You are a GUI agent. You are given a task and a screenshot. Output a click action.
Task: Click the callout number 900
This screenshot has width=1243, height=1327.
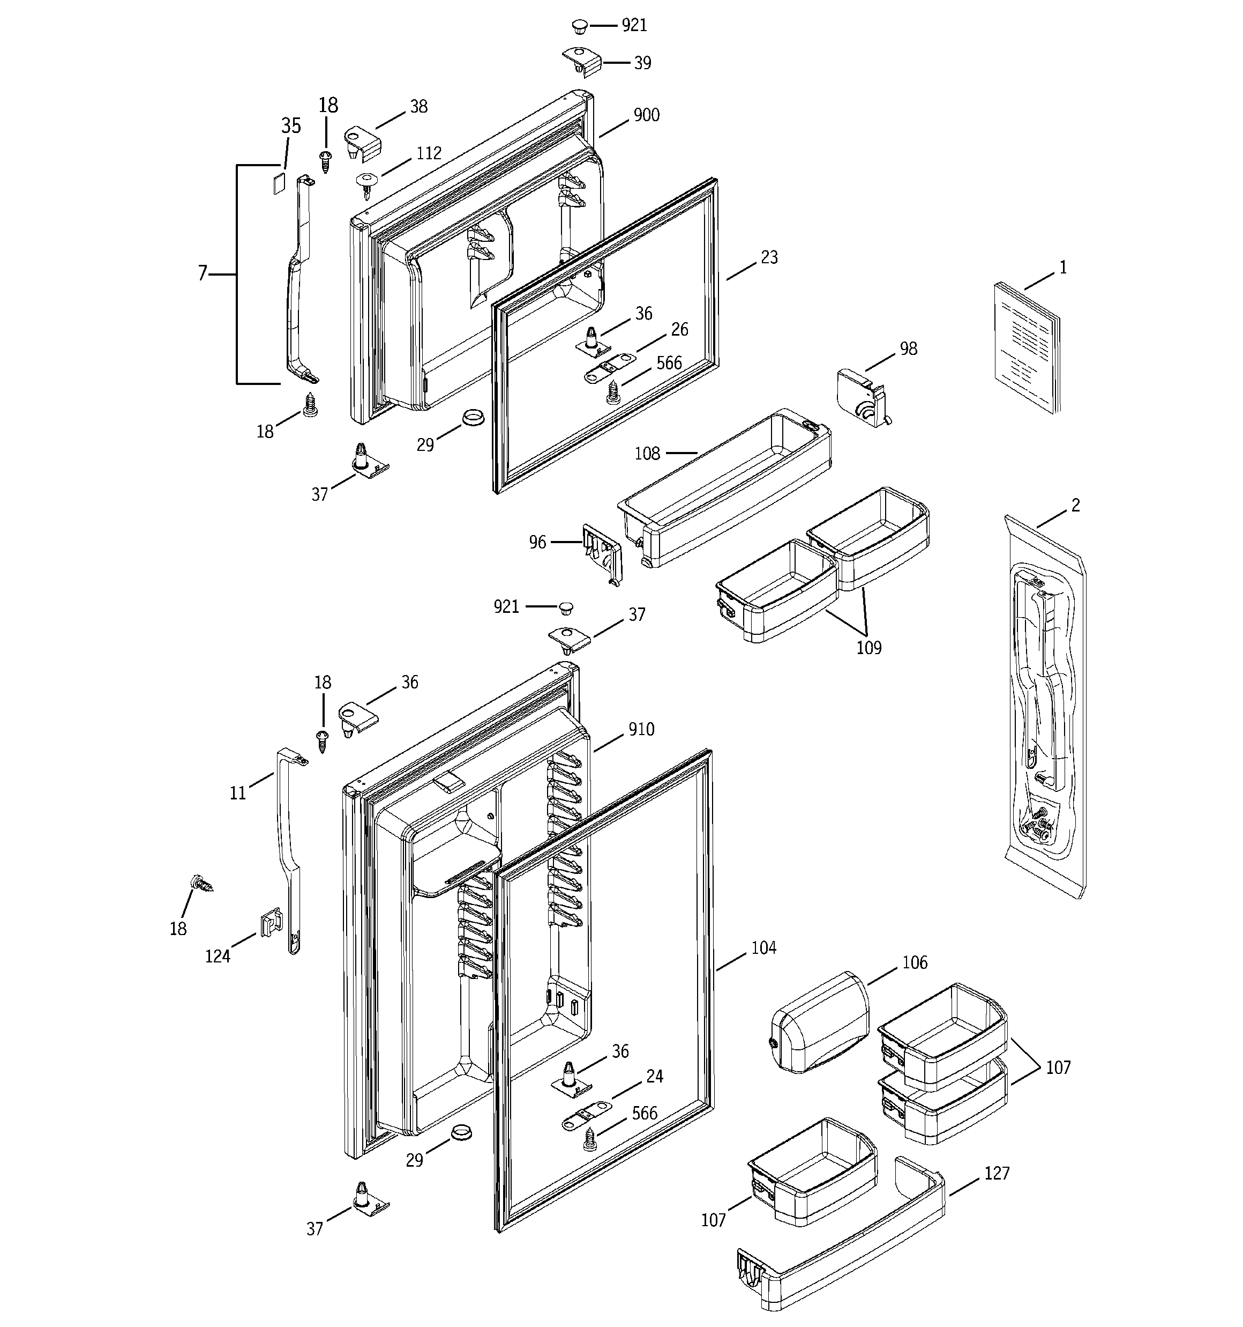coord(646,115)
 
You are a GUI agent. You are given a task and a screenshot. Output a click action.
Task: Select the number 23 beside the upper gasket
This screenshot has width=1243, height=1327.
coord(769,258)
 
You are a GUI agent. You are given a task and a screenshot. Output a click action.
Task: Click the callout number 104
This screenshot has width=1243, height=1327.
coord(763,948)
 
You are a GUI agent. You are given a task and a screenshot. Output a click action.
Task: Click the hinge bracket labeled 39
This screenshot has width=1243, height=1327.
coord(582,62)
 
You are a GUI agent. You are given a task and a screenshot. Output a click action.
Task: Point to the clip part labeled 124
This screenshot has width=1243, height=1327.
coord(268,924)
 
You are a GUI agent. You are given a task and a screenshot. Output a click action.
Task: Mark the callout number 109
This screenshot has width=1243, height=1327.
coord(868,648)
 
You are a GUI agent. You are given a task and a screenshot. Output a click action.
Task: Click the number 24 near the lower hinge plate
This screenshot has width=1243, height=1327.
coord(655,1076)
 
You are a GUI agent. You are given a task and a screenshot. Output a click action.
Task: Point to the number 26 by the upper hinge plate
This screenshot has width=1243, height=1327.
coord(679,330)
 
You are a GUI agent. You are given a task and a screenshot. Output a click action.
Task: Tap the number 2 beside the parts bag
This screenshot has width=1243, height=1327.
coord(1075,506)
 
